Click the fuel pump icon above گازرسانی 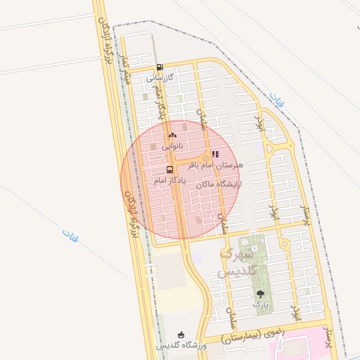[160, 68]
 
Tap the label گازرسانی [160, 79]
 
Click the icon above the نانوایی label [173, 135]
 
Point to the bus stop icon [169, 169]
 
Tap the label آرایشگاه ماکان [219, 184]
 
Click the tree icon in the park [261, 294]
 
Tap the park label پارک [261, 305]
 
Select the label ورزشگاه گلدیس [181, 346]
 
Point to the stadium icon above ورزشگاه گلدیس [181, 335]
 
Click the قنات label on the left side [70, 233]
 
